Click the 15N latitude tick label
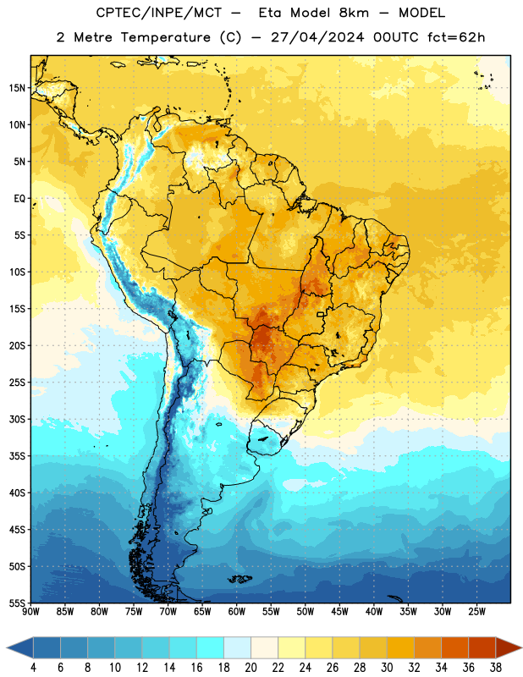click(x=17, y=88)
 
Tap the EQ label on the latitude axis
click(x=19, y=199)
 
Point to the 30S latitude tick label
click(x=17, y=419)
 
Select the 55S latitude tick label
click(x=17, y=603)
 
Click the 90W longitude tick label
click(x=30, y=612)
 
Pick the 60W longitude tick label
click(x=237, y=612)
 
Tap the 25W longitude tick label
click(x=476, y=612)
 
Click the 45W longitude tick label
click(x=339, y=612)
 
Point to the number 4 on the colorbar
click(x=33, y=668)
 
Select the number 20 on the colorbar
click(x=250, y=668)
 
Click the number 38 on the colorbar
click(x=495, y=668)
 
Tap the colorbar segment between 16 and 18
click(x=211, y=647)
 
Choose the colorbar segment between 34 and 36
click(x=454, y=647)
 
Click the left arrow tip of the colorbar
click(x=7, y=647)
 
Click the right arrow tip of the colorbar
click(x=521, y=647)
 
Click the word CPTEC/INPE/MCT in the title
click(x=159, y=13)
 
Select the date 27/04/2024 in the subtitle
click(x=317, y=37)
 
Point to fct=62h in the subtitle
click(x=456, y=37)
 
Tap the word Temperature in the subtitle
click(x=165, y=37)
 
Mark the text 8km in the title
click(x=354, y=13)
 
